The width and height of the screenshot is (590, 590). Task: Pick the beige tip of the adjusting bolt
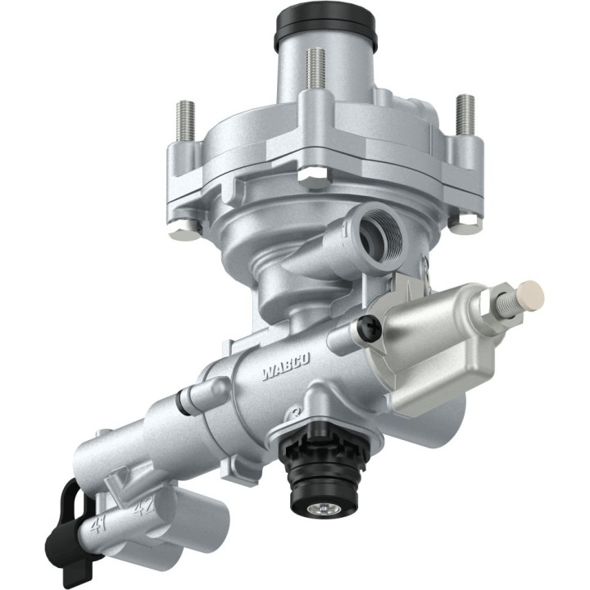click(x=532, y=290)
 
